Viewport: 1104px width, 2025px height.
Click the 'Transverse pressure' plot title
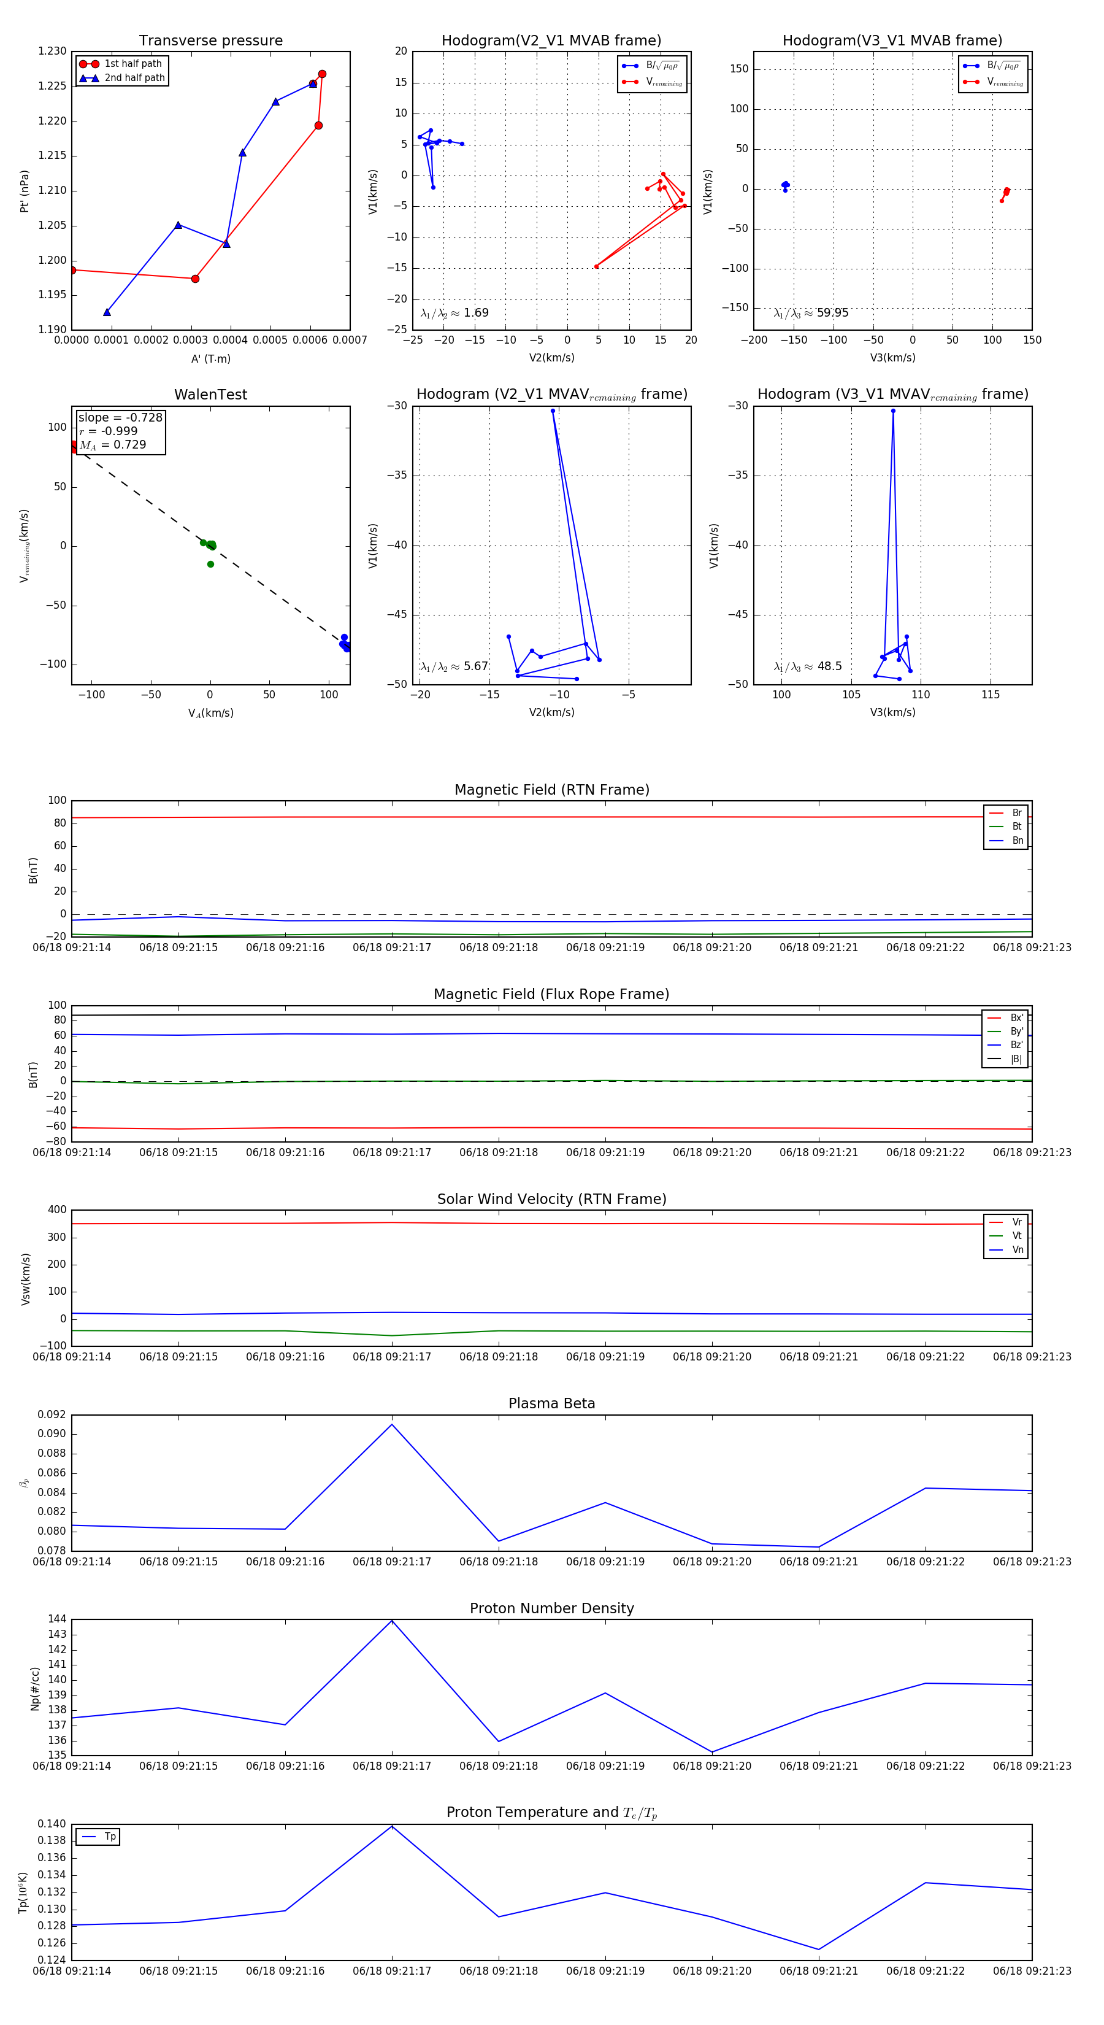click(x=210, y=41)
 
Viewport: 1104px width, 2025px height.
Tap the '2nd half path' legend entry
click(x=134, y=78)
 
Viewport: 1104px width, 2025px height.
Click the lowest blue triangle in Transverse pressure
click(x=107, y=312)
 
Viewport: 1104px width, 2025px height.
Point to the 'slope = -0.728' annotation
click(x=120, y=417)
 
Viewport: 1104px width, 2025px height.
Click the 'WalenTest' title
click(x=210, y=395)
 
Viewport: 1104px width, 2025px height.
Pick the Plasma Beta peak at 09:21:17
click(x=392, y=1424)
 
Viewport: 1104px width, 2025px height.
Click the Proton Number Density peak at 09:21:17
click(x=392, y=1621)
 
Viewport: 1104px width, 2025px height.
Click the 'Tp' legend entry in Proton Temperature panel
click(x=109, y=1837)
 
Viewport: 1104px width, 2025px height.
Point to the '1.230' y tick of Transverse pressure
click(x=53, y=52)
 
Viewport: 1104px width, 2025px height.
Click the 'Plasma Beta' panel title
click(x=551, y=1403)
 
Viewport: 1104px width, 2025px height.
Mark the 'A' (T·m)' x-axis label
click(x=210, y=358)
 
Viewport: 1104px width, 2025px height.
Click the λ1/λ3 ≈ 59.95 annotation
click(x=811, y=313)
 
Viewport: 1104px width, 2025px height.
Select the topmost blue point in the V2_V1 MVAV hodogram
click(x=553, y=411)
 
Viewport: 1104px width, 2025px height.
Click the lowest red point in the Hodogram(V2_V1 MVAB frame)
click(x=596, y=266)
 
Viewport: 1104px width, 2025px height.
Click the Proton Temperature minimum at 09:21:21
click(x=819, y=1950)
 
